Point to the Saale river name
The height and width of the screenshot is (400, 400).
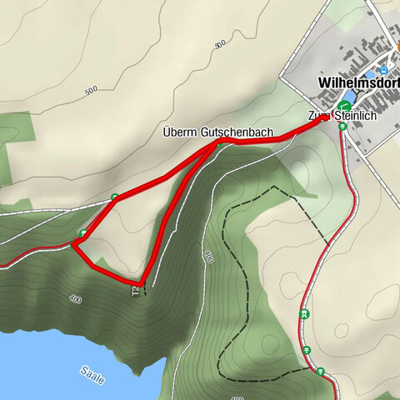point(93,375)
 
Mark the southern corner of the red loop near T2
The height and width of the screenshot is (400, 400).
point(142,281)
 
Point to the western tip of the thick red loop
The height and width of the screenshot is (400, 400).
point(73,242)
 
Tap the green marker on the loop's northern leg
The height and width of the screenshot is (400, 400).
point(114,197)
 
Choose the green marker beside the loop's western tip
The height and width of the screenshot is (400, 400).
point(82,232)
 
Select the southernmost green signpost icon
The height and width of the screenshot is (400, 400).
point(321,371)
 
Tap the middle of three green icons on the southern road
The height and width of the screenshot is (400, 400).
point(306,350)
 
